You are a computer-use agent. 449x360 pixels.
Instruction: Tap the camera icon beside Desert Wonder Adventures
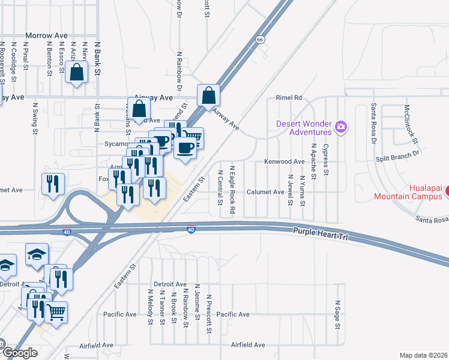[x=341, y=126]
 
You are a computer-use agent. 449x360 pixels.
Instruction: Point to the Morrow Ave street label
[x=46, y=35]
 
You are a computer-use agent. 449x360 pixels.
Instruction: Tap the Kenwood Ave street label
[x=285, y=162]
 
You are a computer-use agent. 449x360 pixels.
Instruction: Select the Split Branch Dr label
[x=397, y=155]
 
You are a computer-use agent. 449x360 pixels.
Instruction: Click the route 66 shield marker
[x=259, y=40]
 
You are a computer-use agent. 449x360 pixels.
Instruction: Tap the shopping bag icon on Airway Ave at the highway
[x=208, y=95]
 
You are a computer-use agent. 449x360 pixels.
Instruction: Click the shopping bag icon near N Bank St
[x=77, y=73]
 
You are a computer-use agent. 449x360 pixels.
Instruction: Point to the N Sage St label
[x=338, y=315]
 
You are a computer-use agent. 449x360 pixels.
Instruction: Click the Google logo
[x=19, y=352]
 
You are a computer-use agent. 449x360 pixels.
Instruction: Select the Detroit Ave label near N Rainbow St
[x=170, y=284]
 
